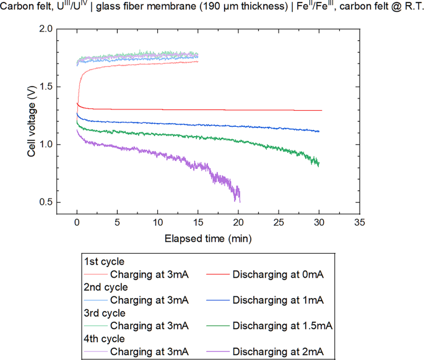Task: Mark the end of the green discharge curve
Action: [319, 165]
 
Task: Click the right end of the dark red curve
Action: [322, 110]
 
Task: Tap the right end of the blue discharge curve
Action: [319, 131]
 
